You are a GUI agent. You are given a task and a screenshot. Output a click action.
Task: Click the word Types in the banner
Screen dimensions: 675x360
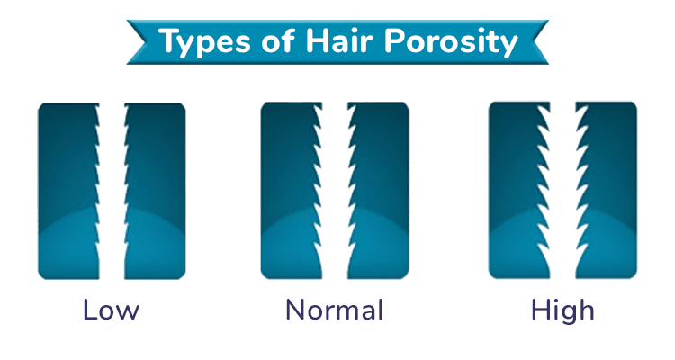(x=205, y=42)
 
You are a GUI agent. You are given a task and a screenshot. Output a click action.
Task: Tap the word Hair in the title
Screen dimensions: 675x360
(x=340, y=40)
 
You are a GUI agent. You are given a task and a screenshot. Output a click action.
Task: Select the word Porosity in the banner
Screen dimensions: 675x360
(x=451, y=42)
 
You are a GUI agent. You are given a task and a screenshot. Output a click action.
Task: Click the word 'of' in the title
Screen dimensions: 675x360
(x=278, y=40)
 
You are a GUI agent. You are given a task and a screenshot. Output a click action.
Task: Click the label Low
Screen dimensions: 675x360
(x=111, y=310)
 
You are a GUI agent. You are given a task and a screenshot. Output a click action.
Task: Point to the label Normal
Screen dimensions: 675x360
(x=335, y=310)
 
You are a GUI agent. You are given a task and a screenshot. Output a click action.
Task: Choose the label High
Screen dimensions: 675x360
(x=562, y=310)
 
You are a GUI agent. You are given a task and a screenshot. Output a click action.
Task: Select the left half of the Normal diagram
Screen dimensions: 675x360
(x=289, y=191)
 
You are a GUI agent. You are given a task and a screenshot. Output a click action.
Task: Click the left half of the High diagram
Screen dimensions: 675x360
(x=516, y=191)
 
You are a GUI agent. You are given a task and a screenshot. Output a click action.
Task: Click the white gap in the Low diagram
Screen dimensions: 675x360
(x=112, y=191)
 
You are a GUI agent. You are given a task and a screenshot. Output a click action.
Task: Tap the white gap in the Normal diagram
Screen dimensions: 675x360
(x=335, y=191)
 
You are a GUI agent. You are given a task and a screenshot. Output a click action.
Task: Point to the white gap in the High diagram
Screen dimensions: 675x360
(x=563, y=191)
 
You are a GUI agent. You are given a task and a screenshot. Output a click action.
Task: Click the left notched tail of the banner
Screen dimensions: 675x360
(x=138, y=41)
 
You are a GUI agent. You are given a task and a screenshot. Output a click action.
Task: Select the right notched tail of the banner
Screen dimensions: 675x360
(x=538, y=41)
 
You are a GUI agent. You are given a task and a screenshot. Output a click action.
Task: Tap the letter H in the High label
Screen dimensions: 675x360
(x=540, y=310)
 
